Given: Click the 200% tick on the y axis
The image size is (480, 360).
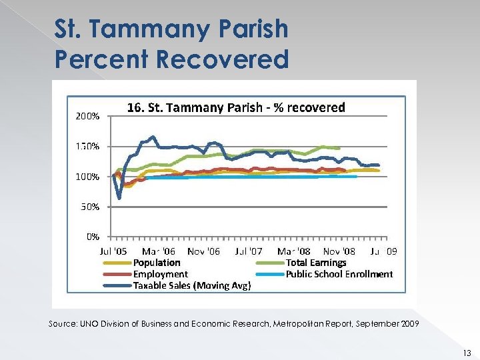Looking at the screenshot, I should (86, 115).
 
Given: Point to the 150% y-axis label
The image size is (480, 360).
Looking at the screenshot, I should (86, 146).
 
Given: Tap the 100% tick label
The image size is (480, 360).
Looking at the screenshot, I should (86, 177).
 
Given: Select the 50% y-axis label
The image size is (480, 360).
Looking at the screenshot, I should (88, 207).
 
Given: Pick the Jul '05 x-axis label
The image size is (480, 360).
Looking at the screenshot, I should (112, 251).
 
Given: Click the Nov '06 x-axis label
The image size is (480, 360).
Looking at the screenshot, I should (203, 251).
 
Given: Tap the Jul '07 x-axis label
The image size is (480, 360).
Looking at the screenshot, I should (249, 251).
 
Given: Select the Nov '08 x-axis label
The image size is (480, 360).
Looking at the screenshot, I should (339, 251).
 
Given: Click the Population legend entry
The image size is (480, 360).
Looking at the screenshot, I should (157, 263).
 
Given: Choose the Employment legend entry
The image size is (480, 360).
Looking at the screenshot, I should (160, 274).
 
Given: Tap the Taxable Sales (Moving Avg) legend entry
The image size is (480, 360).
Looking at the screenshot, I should (192, 285).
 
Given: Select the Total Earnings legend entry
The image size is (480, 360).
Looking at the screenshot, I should (316, 263).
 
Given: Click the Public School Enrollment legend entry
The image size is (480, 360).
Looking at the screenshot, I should (339, 274).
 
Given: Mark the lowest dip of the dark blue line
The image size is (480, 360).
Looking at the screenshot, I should (119, 198).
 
